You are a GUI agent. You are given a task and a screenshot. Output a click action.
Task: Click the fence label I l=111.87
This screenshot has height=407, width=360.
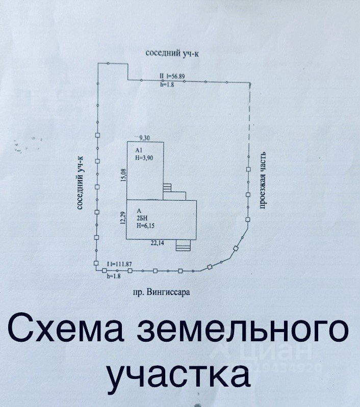[x=120, y=263]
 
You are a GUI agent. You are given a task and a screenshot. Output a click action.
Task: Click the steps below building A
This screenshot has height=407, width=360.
[x=182, y=246]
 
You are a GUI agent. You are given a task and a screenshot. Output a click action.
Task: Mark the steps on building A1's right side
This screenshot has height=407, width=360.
[x=168, y=190]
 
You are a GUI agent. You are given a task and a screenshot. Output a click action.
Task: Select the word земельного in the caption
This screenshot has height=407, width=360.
[x=244, y=330]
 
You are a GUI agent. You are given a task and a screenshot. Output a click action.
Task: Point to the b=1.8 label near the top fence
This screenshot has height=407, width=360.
[x=167, y=85]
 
